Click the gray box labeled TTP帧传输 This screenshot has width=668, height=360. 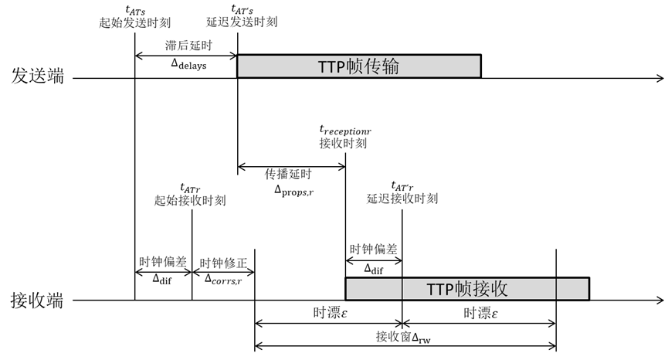tap(358, 66)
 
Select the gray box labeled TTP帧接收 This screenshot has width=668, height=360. tap(466, 289)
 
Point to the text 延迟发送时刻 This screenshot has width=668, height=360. tap(244, 22)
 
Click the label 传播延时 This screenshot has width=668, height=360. tap(290, 173)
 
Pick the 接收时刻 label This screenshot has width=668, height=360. tap(342, 143)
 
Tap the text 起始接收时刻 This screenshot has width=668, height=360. tap(190, 200)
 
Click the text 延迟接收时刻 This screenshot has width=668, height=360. tap(402, 199)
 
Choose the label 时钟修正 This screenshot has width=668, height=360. tap(223, 263)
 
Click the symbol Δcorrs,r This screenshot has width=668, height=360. tap(222, 278)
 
